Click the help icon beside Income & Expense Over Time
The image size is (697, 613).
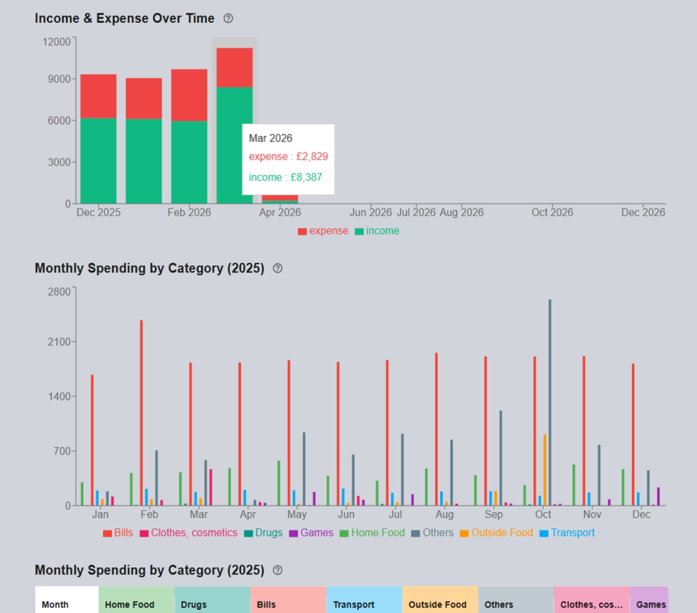point(228,18)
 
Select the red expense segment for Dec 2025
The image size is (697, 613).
point(98,96)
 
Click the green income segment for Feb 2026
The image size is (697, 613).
point(189,162)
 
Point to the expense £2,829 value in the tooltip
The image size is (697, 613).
point(288,157)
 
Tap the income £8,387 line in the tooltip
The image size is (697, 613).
point(285,177)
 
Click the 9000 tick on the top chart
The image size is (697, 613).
point(59,79)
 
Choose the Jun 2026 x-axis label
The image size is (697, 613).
point(371,212)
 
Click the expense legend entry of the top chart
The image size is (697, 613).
point(323,231)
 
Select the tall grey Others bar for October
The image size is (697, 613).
point(550,402)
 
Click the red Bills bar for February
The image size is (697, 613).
point(142,413)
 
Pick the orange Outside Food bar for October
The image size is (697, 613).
point(545,470)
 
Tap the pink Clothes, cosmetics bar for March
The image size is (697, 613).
point(211,488)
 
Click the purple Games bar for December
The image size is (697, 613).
point(659,497)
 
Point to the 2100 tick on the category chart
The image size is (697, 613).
point(59,342)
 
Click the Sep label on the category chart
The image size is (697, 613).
point(493,514)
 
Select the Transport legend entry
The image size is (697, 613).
point(567,533)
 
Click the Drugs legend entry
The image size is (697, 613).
point(263,533)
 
